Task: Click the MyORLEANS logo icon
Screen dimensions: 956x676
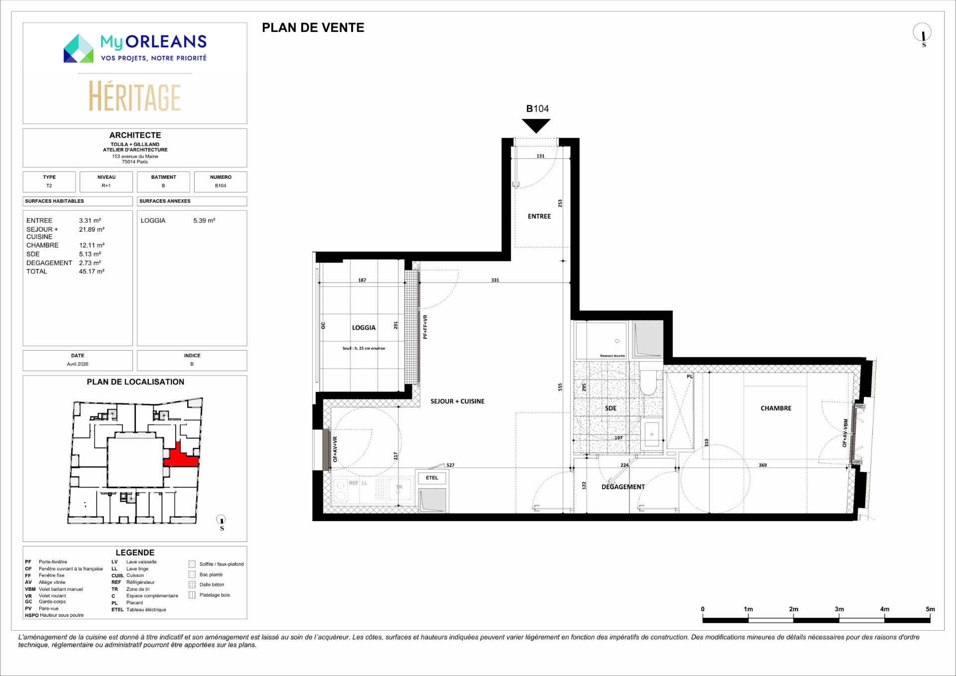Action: pyautogui.click(x=79, y=48)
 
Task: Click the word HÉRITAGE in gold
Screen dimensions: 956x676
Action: pyautogui.click(x=135, y=97)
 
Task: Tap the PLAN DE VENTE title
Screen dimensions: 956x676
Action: pyautogui.click(x=313, y=28)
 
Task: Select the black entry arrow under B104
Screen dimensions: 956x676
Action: pyautogui.click(x=536, y=126)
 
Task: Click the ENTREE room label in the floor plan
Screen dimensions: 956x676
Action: pyautogui.click(x=539, y=216)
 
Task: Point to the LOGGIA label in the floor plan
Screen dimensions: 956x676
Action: pyautogui.click(x=363, y=328)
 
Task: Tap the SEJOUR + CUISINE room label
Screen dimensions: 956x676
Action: pyautogui.click(x=458, y=401)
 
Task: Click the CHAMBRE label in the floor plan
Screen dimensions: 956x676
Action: pyautogui.click(x=776, y=408)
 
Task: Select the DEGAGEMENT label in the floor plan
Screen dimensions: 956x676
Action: pyautogui.click(x=623, y=487)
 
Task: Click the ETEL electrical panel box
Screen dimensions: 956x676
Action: pyautogui.click(x=432, y=478)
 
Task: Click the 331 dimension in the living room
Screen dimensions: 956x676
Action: pyautogui.click(x=495, y=280)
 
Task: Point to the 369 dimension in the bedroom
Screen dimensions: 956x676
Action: pyautogui.click(x=763, y=465)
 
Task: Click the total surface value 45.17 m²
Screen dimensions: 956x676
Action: pyautogui.click(x=92, y=271)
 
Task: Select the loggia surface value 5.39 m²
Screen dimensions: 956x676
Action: pyautogui.click(x=204, y=220)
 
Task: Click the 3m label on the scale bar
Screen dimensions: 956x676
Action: pyautogui.click(x=839, y=609)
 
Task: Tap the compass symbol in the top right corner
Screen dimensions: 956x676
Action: pyautogui.click(x=922, y=33)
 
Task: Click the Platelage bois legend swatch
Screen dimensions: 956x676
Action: pyautogui.click(x=192, y=595)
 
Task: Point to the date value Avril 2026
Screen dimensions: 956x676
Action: pyautogui.click(x=78, y=364)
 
